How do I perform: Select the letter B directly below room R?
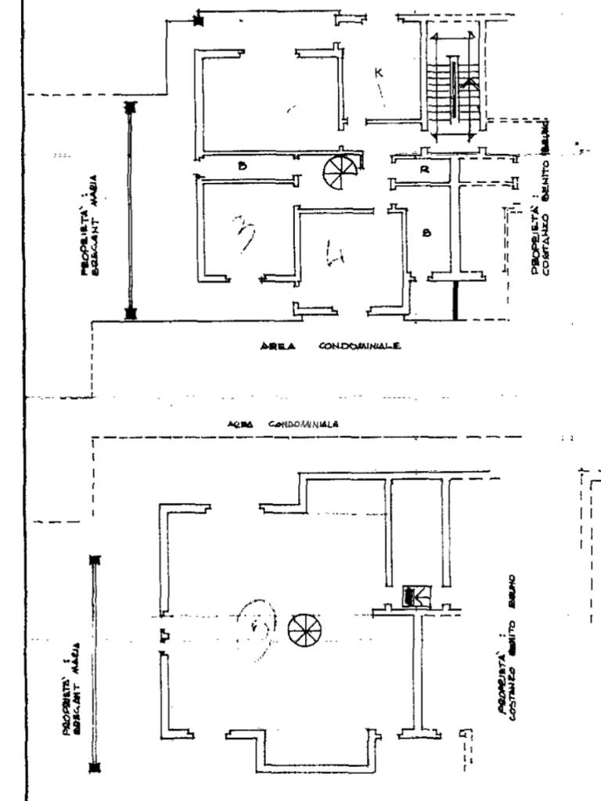[x=426, y=232]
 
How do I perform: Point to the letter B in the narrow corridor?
[x=243, y=166]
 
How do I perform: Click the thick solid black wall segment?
[x=455, y=300]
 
